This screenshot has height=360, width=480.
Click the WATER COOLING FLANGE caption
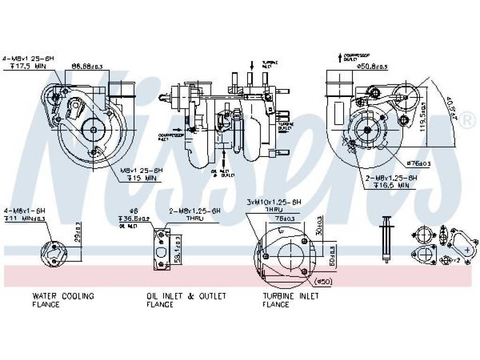coord(63,300)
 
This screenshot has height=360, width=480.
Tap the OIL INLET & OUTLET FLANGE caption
coord(186,300)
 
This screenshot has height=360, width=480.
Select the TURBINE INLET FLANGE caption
coord(291,300)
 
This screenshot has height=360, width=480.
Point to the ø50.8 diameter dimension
coord(372,67)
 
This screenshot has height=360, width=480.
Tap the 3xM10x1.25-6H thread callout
coord(274,202)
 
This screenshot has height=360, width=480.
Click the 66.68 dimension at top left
coord(87,66)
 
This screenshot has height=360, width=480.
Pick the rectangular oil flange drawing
coord(161,250)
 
